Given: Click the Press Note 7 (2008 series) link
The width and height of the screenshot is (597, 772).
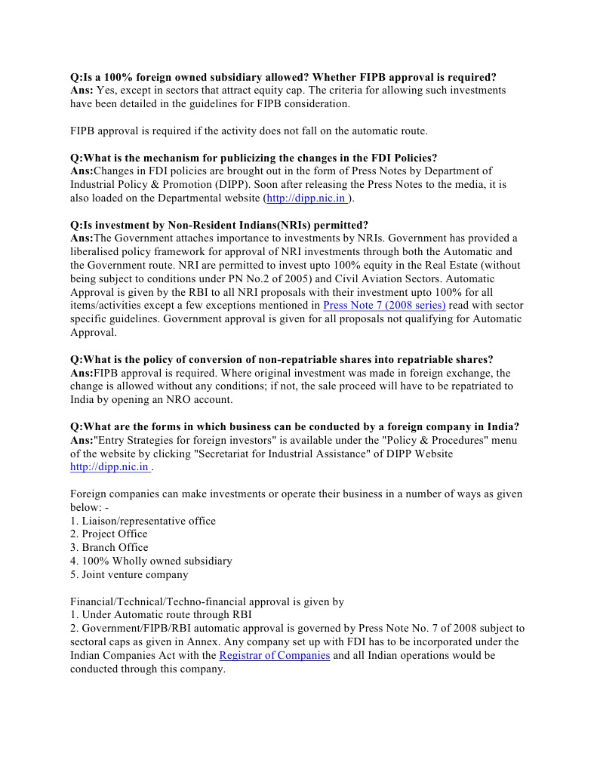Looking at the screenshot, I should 384,305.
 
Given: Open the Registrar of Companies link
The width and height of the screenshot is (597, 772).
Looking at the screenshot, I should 274,655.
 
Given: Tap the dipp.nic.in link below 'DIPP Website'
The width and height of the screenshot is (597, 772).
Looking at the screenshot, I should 110,467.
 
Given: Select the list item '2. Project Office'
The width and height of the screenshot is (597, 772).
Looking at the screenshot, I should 109,534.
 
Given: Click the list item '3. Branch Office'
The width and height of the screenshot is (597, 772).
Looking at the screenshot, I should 109,548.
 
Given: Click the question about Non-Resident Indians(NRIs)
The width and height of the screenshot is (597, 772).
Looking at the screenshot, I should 219,225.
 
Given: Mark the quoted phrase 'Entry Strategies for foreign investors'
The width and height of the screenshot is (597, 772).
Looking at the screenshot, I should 189,440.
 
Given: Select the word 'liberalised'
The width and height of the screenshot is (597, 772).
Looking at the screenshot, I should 101,252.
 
